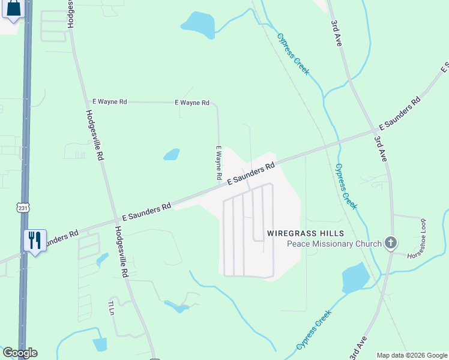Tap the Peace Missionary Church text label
tap(334, 244)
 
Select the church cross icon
tap(391, 243)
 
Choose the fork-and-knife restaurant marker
tap(34, 241)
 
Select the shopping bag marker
tap(14, 9)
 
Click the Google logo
tap(20, 353)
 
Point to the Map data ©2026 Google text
tap(412, 355)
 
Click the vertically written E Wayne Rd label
tap(218, 164)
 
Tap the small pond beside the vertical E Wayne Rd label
tap(172, 154)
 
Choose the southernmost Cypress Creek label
tap(314, 331)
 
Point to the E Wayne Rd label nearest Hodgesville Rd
tap(109, 102)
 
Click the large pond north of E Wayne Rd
tap(198, 24)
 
